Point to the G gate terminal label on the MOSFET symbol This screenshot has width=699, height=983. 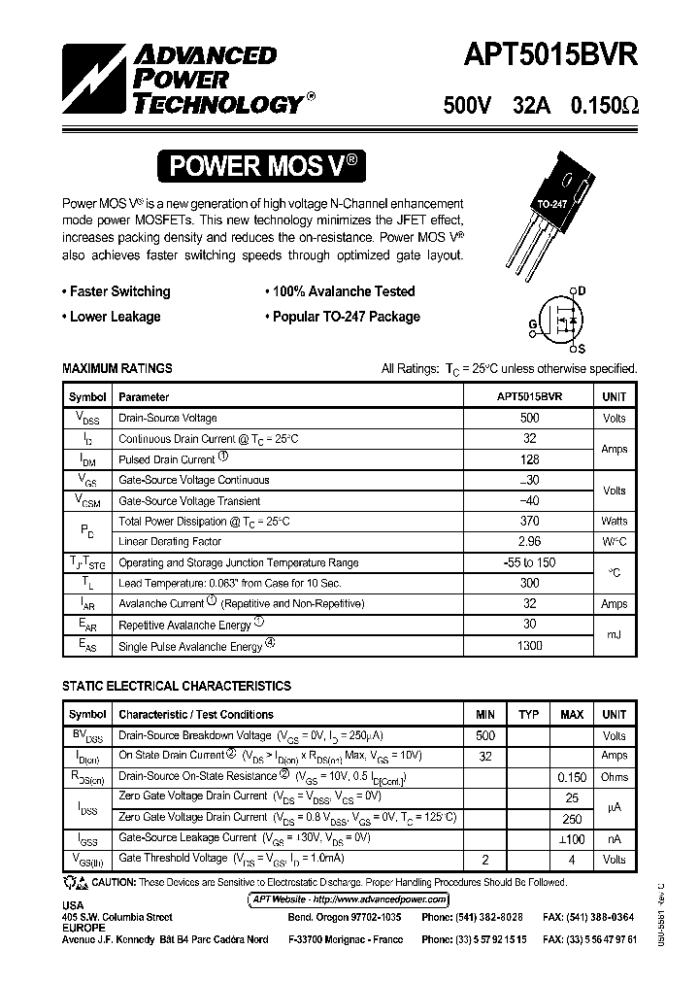click(533, 323)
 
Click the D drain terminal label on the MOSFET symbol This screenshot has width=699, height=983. click(582, 289)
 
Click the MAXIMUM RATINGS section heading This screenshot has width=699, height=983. click(117, 368)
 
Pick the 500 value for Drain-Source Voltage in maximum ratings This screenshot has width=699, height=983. click(529, 418)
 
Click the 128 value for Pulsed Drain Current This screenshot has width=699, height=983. click(529, 459)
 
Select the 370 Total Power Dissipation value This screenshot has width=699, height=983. click(529, 522)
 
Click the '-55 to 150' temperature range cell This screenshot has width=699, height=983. click(529, 562)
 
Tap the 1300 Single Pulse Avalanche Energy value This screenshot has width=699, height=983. click(529, 645)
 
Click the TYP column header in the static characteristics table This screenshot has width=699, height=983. click(528, 715)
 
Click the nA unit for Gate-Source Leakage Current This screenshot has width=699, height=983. click(614, 839)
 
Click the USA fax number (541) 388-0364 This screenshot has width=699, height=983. click(589, 917)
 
